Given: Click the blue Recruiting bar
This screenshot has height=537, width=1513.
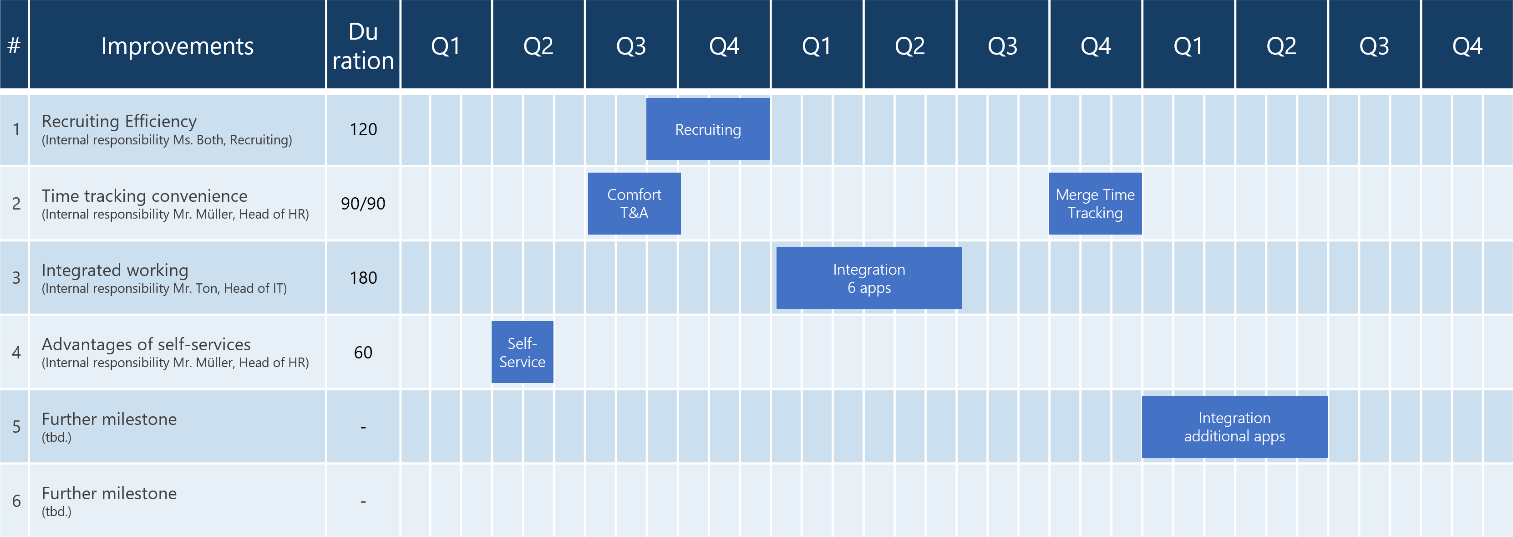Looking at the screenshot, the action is (708, 128).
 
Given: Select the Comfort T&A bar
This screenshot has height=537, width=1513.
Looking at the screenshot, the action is (635, 203).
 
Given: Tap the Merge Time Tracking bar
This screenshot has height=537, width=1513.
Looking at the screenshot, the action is (1095, 203).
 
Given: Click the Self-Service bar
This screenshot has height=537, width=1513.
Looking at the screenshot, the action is (522, 352).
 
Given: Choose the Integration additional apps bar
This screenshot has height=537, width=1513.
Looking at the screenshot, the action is (1234, 426).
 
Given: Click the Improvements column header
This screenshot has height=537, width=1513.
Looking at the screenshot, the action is (178, 46).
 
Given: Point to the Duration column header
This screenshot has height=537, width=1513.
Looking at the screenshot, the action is (363, 46).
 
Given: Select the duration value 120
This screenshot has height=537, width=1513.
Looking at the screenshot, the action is (363, 129).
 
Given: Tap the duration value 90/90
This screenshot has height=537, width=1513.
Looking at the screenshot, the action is (363, 203).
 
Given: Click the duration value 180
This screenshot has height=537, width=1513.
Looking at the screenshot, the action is (363, 278).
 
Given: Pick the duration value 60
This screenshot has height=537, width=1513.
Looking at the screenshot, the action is (363, 352).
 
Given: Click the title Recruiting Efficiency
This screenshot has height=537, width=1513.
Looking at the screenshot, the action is (119, 121).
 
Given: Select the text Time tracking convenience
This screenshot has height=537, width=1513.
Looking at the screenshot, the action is (144, 196).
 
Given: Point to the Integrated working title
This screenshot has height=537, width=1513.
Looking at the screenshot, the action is (115, 270).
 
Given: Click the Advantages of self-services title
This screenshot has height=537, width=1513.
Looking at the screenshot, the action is (146, 344).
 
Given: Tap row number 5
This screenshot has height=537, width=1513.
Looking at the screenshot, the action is (16, 426).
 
